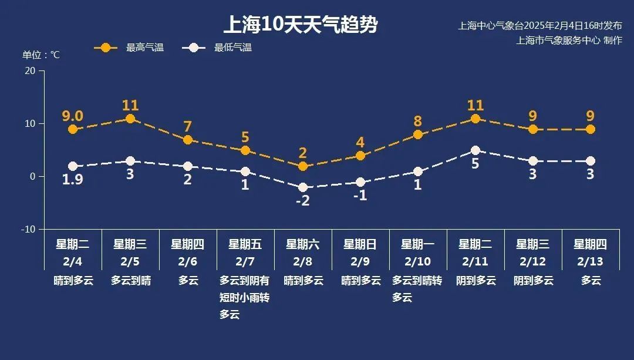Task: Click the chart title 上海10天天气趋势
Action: pos(300,25)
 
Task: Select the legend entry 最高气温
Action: pos(144,48)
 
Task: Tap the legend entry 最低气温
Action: pos(232,48)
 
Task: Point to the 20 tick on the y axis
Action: pos(29,71)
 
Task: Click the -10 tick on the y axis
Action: pos(28,229)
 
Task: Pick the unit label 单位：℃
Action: pos(41,55)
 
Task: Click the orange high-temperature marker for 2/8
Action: pos(303,166)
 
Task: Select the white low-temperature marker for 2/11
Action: pos(475,150)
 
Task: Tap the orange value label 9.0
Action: pos(73,116)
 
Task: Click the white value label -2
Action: pos(303,200)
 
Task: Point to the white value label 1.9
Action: pos(73,180)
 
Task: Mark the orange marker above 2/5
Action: pos(130,119)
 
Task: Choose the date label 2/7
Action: pos(245,261)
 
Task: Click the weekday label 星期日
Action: pos(360,244)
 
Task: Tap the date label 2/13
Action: pos(591,261)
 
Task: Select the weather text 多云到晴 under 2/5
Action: pos(130,281)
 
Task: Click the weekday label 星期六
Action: pos(303,244)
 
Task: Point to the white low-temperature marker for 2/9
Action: pos(360,182)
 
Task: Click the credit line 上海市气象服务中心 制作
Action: pos(568,40)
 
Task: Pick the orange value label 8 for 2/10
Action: pos(418,122)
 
